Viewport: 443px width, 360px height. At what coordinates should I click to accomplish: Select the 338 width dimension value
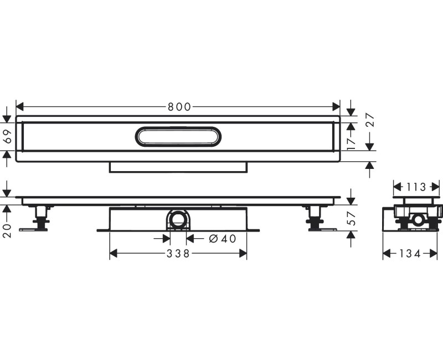178,254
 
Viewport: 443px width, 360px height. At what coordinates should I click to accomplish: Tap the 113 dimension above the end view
417,187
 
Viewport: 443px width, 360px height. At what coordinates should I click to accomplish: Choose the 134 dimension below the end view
410,254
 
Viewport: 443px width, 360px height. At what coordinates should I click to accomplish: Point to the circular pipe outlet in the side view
178,221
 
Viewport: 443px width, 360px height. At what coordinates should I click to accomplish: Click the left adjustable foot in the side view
40,218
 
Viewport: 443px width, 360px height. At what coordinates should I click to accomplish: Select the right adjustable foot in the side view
316,218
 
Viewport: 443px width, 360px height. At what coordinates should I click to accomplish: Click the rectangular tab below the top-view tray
178,167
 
